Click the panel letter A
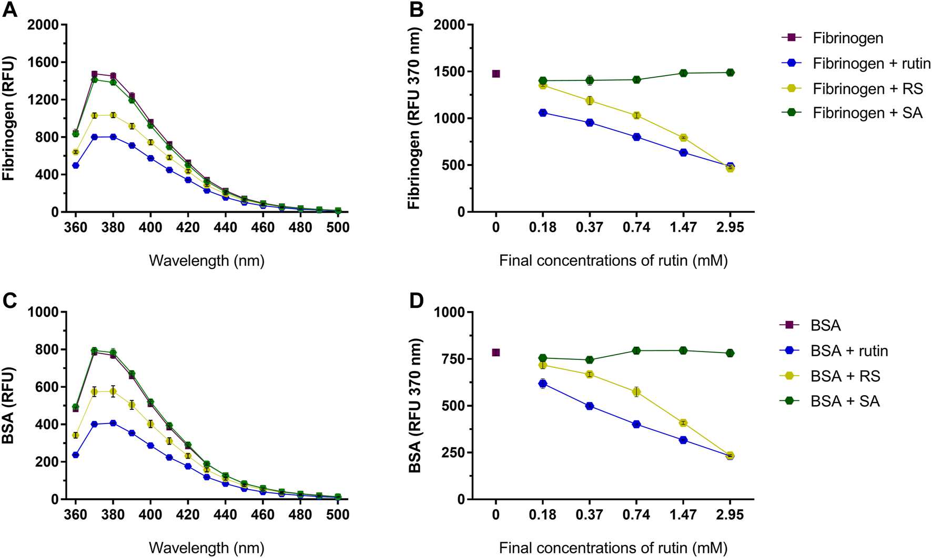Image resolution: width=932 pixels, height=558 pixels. [9, 11]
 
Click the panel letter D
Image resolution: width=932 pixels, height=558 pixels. [416, 301]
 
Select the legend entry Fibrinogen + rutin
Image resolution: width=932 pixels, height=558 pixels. [872, 64]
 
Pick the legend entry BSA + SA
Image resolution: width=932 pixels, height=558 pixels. [845, 401]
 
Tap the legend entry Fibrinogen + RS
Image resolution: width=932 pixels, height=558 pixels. [867, 89]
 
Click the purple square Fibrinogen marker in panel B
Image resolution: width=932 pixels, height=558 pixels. [495, 74]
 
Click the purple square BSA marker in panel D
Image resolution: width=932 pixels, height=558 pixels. [495, 353]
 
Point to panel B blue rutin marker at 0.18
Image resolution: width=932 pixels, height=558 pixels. [543, 113]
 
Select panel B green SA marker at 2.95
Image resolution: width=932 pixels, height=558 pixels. [730, 73]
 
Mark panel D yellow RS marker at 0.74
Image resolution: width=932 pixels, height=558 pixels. [636, 392]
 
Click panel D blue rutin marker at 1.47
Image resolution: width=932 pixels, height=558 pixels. [683, 440]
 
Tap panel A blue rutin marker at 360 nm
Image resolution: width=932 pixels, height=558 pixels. [76, 166]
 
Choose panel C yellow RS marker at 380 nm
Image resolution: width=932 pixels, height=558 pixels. [113, 391]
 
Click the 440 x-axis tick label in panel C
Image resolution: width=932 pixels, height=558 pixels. [225, 515]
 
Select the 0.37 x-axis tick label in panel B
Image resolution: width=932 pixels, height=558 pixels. [589, 228]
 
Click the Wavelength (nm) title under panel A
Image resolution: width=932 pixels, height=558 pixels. [207, 261]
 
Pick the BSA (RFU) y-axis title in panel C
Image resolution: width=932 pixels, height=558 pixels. [9, 406]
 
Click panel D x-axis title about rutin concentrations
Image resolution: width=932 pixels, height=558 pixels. [613, 548]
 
